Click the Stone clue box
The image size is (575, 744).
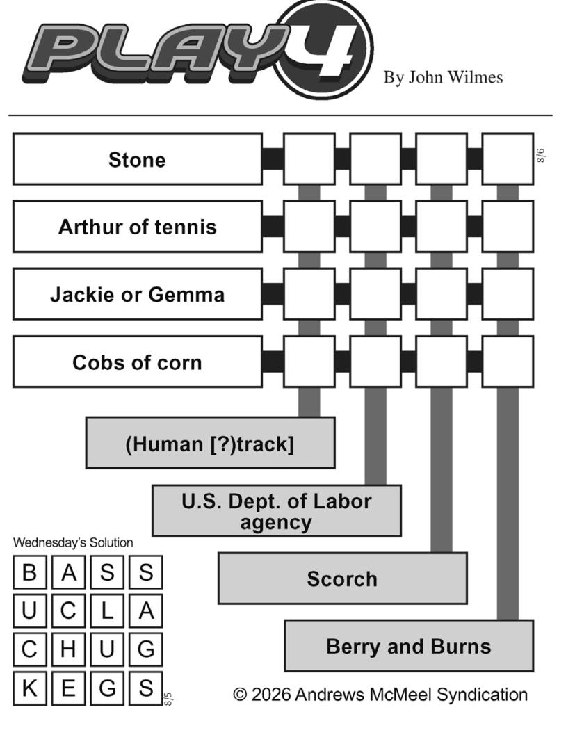138,159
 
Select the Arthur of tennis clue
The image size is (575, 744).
138,227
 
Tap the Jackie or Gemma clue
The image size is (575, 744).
138,294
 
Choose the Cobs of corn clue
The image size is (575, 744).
138,362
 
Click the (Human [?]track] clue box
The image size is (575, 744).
210,443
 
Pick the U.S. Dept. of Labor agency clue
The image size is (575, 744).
277,510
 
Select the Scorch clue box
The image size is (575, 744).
343,579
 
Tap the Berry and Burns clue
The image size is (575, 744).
409,646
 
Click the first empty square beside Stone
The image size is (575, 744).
309,159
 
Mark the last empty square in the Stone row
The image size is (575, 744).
508,159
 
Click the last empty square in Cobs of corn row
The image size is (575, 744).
508,362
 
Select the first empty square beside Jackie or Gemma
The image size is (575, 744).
309,294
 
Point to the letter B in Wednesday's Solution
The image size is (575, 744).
29,572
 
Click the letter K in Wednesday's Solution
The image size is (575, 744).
29,688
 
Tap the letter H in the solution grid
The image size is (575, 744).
68,649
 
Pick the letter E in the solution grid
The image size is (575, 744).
68,688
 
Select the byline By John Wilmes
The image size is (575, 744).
443,77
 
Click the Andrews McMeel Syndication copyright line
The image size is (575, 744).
380,695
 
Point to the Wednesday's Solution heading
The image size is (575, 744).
73,542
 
